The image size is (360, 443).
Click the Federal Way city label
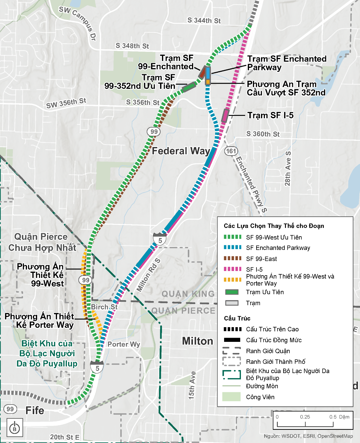tap(181, 151)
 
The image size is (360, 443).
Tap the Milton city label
tap(197, 341)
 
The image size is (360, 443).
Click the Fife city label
tap(35, 410)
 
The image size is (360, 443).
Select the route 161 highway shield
tap(231, 151)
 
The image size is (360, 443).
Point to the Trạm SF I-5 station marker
tap(225, 116)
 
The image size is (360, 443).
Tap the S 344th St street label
tap(204, 20)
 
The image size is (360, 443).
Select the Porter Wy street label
tap(124, 344)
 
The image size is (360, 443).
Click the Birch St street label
tap(104, 307)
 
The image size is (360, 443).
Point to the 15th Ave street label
tap(192, 385)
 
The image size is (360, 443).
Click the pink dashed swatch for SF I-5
tap(232, 269)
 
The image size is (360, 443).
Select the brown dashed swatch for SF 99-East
tap(232, 258)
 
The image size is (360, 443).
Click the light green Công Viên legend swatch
tap(231, 397)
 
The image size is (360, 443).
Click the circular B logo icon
tap(15, 427)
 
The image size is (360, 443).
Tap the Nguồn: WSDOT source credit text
tap(308, 436)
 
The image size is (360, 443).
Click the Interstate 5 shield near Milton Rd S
tap(160, 239)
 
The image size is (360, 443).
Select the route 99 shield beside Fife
tap(10, 409)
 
